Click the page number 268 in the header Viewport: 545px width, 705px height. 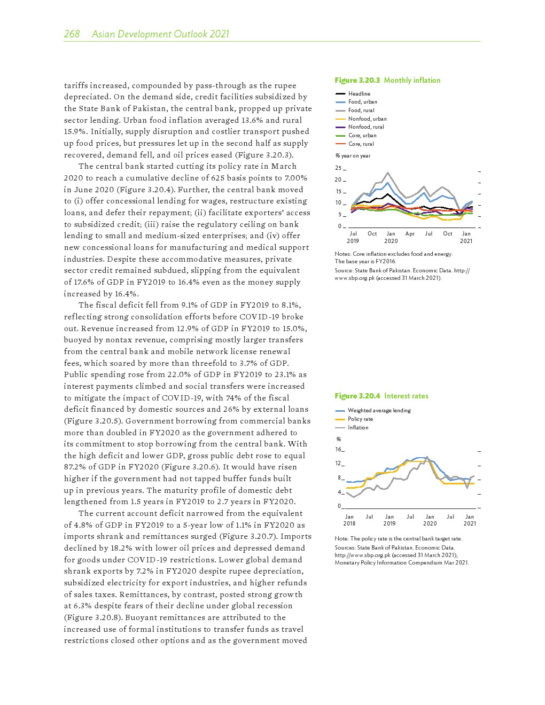point(72,34)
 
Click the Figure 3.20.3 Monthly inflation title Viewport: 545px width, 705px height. point(387,80)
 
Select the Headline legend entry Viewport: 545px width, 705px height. point(359,93)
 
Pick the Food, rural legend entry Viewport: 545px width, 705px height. point(361,110)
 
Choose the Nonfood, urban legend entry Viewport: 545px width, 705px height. point(367,119)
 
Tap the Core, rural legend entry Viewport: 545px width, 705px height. point(361,144)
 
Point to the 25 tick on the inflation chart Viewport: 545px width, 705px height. point(339,168)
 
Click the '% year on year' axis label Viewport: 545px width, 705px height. point(353,155)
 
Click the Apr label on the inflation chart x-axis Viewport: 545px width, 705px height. point(410,233)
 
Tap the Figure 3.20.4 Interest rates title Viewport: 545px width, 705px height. point(381,396)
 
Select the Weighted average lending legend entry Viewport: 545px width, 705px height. point(379,410)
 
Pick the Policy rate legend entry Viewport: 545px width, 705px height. point(360,419)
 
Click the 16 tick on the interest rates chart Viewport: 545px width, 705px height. point(339,449)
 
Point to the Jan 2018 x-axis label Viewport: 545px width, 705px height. point(349,520)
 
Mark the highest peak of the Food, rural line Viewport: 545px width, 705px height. point(388,173)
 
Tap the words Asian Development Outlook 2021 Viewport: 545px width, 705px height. point(160,34)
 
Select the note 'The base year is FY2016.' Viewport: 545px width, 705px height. point(365,261)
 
